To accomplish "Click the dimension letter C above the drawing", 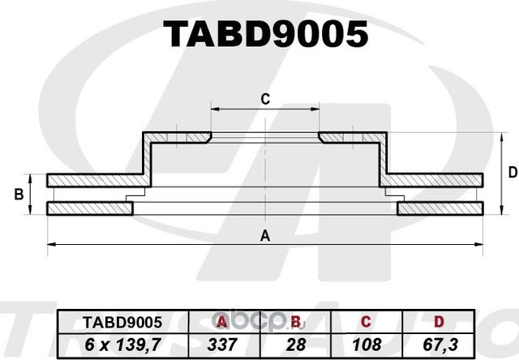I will (264, 100).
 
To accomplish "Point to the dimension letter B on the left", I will (18, 195).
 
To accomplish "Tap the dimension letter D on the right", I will (512, 172).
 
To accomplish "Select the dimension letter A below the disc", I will (264, 236).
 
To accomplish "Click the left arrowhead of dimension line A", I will (51, 244).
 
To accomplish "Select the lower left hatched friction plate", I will (89, 209).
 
